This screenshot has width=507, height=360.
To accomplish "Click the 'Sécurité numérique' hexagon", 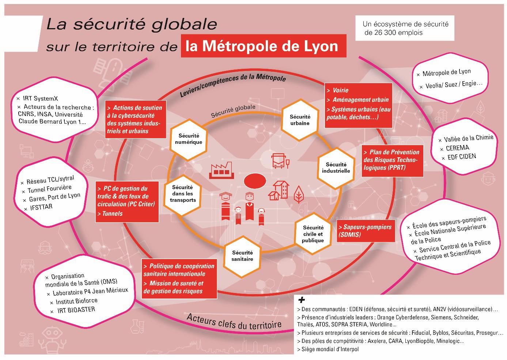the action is (189, 139).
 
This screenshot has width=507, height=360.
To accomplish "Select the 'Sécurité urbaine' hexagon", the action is (300, 120).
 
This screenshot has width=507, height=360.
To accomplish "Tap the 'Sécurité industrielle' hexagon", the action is (336, 168).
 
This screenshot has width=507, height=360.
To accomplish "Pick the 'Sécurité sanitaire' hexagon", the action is (242, 256).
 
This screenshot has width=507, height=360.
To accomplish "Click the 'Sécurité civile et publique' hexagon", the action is (313, 234).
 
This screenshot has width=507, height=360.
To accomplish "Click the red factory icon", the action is (222, 170).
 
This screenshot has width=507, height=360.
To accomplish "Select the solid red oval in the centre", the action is (255, 181).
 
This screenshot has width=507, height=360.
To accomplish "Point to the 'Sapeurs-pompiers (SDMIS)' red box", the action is (366, 231).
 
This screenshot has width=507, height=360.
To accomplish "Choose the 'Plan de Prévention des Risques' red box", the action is (393, 161).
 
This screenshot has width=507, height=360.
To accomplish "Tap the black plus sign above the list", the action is (302, 300).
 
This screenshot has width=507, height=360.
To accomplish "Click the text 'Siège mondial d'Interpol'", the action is (330, 349).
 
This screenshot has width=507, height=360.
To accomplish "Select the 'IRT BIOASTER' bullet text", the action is (76, 310).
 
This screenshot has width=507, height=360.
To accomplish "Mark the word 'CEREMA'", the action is (457, 148).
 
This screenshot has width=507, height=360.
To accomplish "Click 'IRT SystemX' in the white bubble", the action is (40, 98).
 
